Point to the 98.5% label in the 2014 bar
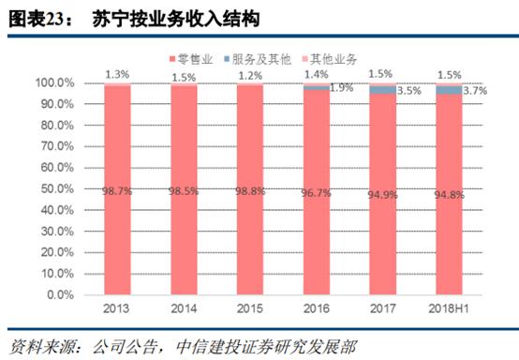click(184, 190)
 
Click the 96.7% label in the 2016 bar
click(316, 190)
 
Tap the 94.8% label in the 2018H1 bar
click(448, 190)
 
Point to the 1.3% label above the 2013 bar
click(118, 73)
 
